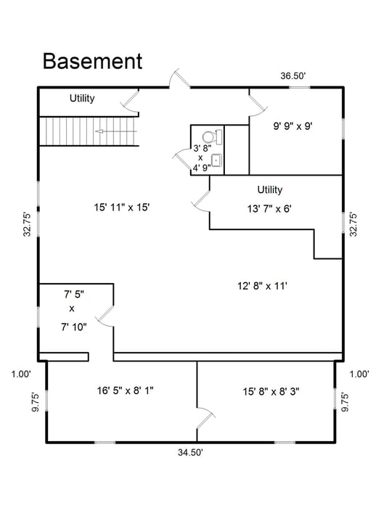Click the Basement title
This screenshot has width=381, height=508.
coord(93,62)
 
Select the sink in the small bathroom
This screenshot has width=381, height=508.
coord(217,161)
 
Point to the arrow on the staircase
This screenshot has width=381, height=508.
coord(116,131)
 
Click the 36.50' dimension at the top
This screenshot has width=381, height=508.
coord(293,76)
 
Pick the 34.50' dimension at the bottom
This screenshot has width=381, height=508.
coord(190,452)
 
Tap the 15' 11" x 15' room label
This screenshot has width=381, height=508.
coord(122,208)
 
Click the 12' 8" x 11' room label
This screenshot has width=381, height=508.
coord(263,286)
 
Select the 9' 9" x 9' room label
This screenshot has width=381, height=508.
coord(293,126)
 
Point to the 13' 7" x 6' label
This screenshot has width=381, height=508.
coord(269,209)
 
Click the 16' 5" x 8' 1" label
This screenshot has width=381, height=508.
coord(125,390)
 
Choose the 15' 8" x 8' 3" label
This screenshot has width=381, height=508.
coord(271,392)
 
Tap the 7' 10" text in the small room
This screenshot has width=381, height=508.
coord(74,327)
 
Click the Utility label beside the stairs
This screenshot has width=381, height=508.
coord(82,98)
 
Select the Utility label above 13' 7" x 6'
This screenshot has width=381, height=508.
coord(270,189)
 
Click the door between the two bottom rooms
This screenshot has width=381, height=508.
coord(205,419)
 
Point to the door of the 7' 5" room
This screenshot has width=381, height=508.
coord(106,316)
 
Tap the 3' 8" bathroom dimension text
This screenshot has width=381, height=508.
coord(202,149)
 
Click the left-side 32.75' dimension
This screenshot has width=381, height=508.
coord(27,224)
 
